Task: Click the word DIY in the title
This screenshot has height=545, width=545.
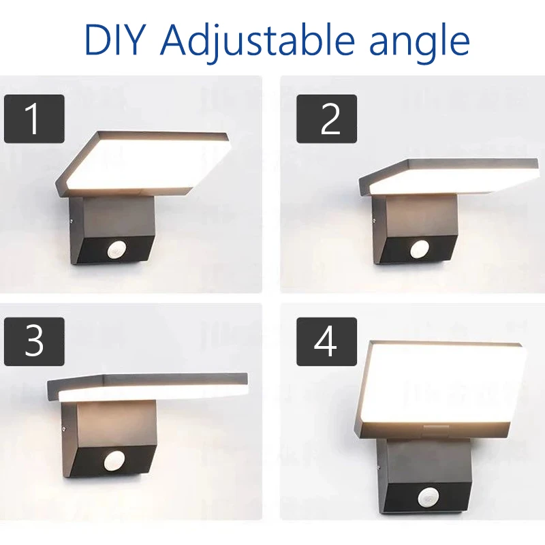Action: [114, 40]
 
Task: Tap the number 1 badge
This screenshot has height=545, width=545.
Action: [34, 119]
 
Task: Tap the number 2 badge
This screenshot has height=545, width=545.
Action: [327, 119]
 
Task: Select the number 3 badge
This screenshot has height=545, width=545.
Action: [34, 341]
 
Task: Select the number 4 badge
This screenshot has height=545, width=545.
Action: [327, 341]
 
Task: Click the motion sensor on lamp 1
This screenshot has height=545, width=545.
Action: [116, 250]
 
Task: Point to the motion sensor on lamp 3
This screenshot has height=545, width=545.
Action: [114, 462]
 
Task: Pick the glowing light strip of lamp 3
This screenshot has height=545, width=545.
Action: [153, 393]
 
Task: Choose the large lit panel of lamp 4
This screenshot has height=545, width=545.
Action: [441, 386]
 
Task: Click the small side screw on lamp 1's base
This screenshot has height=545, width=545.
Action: [72, 219]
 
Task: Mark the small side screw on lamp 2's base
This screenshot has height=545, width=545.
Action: [374, 219]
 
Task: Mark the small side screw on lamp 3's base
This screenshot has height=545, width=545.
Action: [64, 429]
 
